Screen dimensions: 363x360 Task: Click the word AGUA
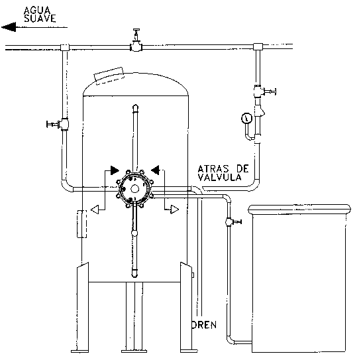point(37,10)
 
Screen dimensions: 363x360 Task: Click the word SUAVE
point(40,19)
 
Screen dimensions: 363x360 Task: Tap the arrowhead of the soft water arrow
point(9,27)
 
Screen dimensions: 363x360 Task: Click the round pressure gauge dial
point(246,119)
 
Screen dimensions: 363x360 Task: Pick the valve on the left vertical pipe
point(58,124)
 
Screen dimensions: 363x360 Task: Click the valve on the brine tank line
point(233,222)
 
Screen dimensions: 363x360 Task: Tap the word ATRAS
point(213,168)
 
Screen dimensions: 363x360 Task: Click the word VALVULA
point(219,177)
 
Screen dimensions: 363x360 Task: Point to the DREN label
point(204,325)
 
